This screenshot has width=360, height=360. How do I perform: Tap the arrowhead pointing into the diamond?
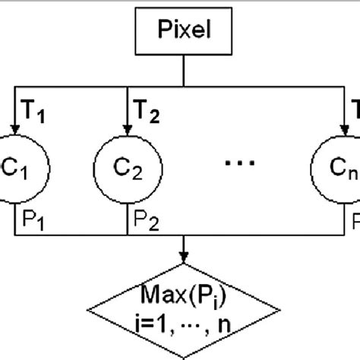point(183,258)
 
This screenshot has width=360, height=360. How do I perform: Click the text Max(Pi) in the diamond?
point(183,293)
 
